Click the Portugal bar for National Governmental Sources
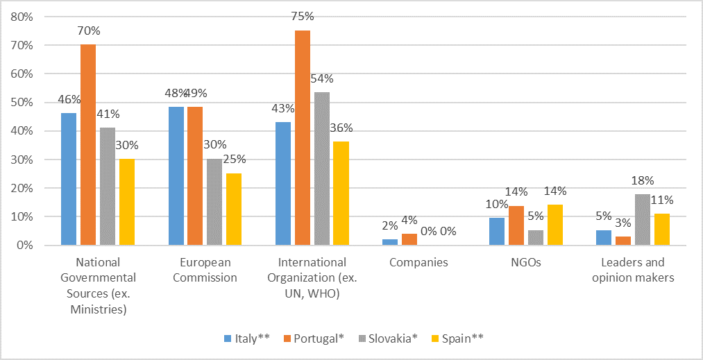[88, 145]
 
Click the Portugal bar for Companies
[409, 239]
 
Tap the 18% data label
[643, 180]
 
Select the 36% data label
[341, 128]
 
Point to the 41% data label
[108, 114]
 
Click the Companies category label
[418, 263]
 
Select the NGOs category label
[525, 263]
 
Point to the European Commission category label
[205, 271]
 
